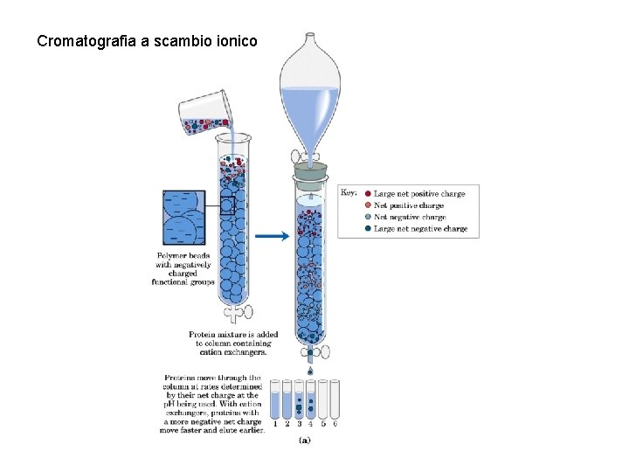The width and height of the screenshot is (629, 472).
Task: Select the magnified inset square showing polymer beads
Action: (x=183, y=218)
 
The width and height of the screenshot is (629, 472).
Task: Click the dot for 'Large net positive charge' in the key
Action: (x=369, y=194)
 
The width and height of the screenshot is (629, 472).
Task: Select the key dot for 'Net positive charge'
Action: (x=369, y=205)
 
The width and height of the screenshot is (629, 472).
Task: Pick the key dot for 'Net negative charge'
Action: (x=369, y=217)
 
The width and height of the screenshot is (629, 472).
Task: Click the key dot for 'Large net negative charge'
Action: (x=369, y=229)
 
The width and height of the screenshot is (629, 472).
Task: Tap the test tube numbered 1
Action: (x=275, y=399)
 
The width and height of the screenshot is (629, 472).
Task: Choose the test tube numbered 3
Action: (x=299, y=399)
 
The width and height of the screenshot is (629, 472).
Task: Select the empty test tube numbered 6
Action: (x=335, y=399)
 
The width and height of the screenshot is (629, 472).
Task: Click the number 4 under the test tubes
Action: (x=311, y=425)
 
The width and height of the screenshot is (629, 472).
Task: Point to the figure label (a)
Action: (x=304, y=439)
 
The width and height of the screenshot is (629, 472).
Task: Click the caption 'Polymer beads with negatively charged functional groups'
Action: (x=183, y=268)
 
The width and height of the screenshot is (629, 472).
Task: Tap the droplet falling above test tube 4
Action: (x=310, y=371)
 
